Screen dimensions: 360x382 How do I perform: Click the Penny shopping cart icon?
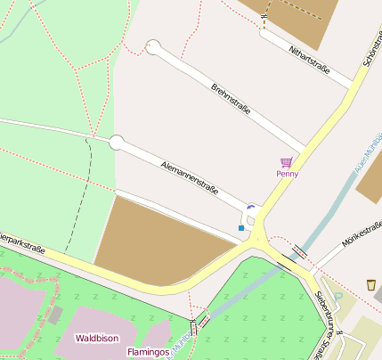point(286,162)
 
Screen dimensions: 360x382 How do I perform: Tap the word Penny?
point(287,174)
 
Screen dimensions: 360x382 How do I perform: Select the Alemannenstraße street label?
point(190,178)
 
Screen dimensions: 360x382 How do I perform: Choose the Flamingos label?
point(148,352)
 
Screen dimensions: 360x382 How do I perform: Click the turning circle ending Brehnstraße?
point(154,47)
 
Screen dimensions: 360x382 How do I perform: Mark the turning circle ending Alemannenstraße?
point(117,142)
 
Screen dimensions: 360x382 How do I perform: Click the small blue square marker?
point(241,228)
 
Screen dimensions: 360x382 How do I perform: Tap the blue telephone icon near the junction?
point(251,208)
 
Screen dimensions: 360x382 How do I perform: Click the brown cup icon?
point(370,285)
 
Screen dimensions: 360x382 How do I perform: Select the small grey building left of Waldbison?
point(55,314)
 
